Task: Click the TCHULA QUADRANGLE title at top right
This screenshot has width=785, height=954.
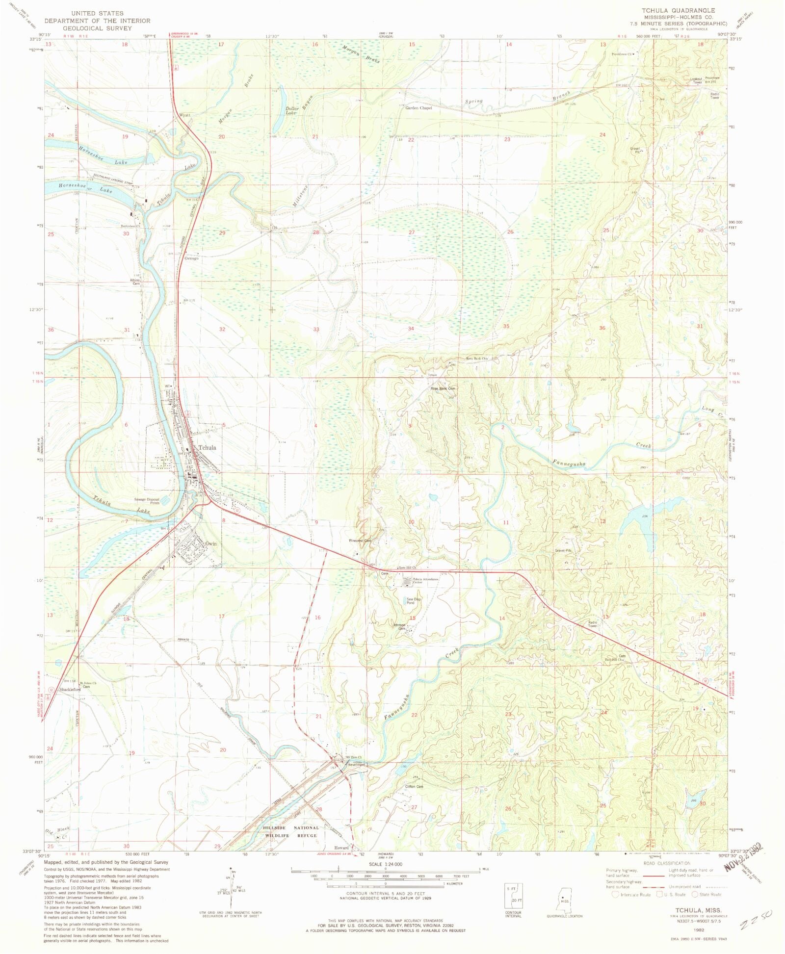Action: click(679, 10)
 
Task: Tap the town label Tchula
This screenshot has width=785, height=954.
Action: click(207, 447)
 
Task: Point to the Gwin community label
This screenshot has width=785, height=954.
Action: click(211, 543)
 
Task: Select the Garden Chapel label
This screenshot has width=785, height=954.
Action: click(419, 108)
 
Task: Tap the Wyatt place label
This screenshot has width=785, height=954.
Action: click(184, 115)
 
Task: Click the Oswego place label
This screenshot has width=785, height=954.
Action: click(191, 258)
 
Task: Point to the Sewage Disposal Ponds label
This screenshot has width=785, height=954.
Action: click(147, 501)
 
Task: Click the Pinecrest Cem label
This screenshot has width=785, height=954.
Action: click(360, 541)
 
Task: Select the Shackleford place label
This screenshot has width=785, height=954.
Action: click(70, 689)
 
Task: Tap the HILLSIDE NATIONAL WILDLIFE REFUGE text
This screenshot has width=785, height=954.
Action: click(291, 831)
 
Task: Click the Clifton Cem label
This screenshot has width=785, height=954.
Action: click(414, 786)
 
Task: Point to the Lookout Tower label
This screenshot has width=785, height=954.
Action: click(697, 80)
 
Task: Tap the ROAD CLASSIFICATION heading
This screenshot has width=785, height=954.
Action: click(667, 863)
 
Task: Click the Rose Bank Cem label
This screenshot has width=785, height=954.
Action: click(443, 388)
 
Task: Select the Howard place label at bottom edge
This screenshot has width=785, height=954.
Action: click(341, 847)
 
